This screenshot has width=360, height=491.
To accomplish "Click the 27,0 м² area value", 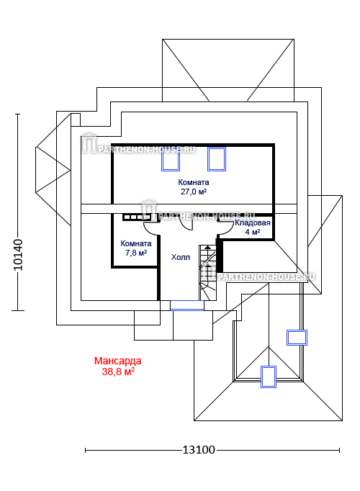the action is click(x=194, y=192).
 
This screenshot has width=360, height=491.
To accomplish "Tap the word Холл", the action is click(x=180, y=257).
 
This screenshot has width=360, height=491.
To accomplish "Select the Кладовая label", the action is click(x=252, y=223).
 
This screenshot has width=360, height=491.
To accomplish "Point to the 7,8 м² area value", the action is click(x=136, y=253).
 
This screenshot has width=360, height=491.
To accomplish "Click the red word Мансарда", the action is click(x=117, y=361).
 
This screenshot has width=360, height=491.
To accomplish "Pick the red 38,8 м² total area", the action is click(x=118, y=371).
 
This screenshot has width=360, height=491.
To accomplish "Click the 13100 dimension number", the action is click(x=199, y=450).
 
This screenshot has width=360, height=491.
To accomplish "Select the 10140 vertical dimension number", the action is click(x=18, y=255).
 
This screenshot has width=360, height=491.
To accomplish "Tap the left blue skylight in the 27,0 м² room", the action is click(x=171, y=159).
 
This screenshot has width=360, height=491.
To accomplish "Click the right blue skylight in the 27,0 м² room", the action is click(x=217, y=159).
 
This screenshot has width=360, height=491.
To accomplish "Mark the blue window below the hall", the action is click(x=187, y=305).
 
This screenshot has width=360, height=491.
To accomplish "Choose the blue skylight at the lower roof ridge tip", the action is click(x=269, y=377).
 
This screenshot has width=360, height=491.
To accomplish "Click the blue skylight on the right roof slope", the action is click(x=297, y=338).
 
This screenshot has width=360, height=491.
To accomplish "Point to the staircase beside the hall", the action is click(x=207, y=272).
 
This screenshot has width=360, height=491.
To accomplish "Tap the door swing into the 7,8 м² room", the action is click(x=151, y=228).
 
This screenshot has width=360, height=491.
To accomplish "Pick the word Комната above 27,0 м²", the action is click(x=194, y=182).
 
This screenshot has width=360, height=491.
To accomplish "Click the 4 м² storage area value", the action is click(x=252, y=232).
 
